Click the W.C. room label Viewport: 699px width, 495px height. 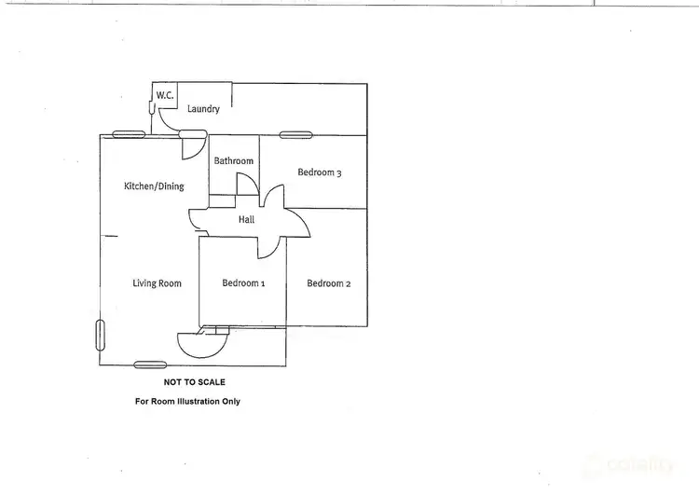pyautogui.click(x=164, y=95)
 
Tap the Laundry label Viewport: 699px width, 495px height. pyautogui.click(x=203, y=109)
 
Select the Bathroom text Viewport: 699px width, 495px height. pyautogui.click(x=233, y=161)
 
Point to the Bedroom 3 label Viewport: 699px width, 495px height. pyautogui.click(x=320, y=172)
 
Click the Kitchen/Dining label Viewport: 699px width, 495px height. pyautogui.click(x=154, y=186)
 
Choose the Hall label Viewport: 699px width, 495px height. pyautogui.click(x=246, y=220)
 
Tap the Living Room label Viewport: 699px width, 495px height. pyautogui.click(x=157, y=283)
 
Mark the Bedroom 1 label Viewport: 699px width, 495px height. pyautogui.click(x=243, y=283)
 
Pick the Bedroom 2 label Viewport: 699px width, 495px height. pyautogui.click(x=328, y=283)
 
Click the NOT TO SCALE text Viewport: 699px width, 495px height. pyautogui.click(x=194, y=382)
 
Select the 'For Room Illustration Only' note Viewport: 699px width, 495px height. pyautogui.click(x=188, y=402)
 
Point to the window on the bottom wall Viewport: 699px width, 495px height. pyautogui.click(x=149, y=364)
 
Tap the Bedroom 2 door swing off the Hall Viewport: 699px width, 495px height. pyautogui.click(x=295, y=223)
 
